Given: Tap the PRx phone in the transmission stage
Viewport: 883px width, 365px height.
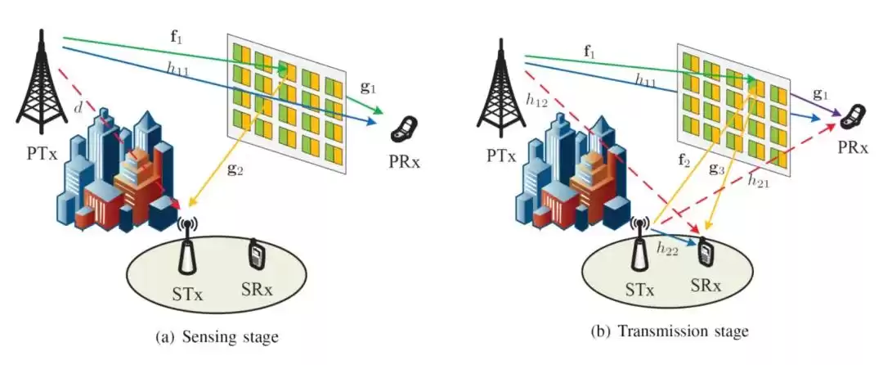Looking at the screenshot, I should coord(854,117).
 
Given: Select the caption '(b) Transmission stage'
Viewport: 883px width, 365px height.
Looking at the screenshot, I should coord(668,331).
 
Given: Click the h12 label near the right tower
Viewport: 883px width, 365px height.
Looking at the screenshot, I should coord(536,101).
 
